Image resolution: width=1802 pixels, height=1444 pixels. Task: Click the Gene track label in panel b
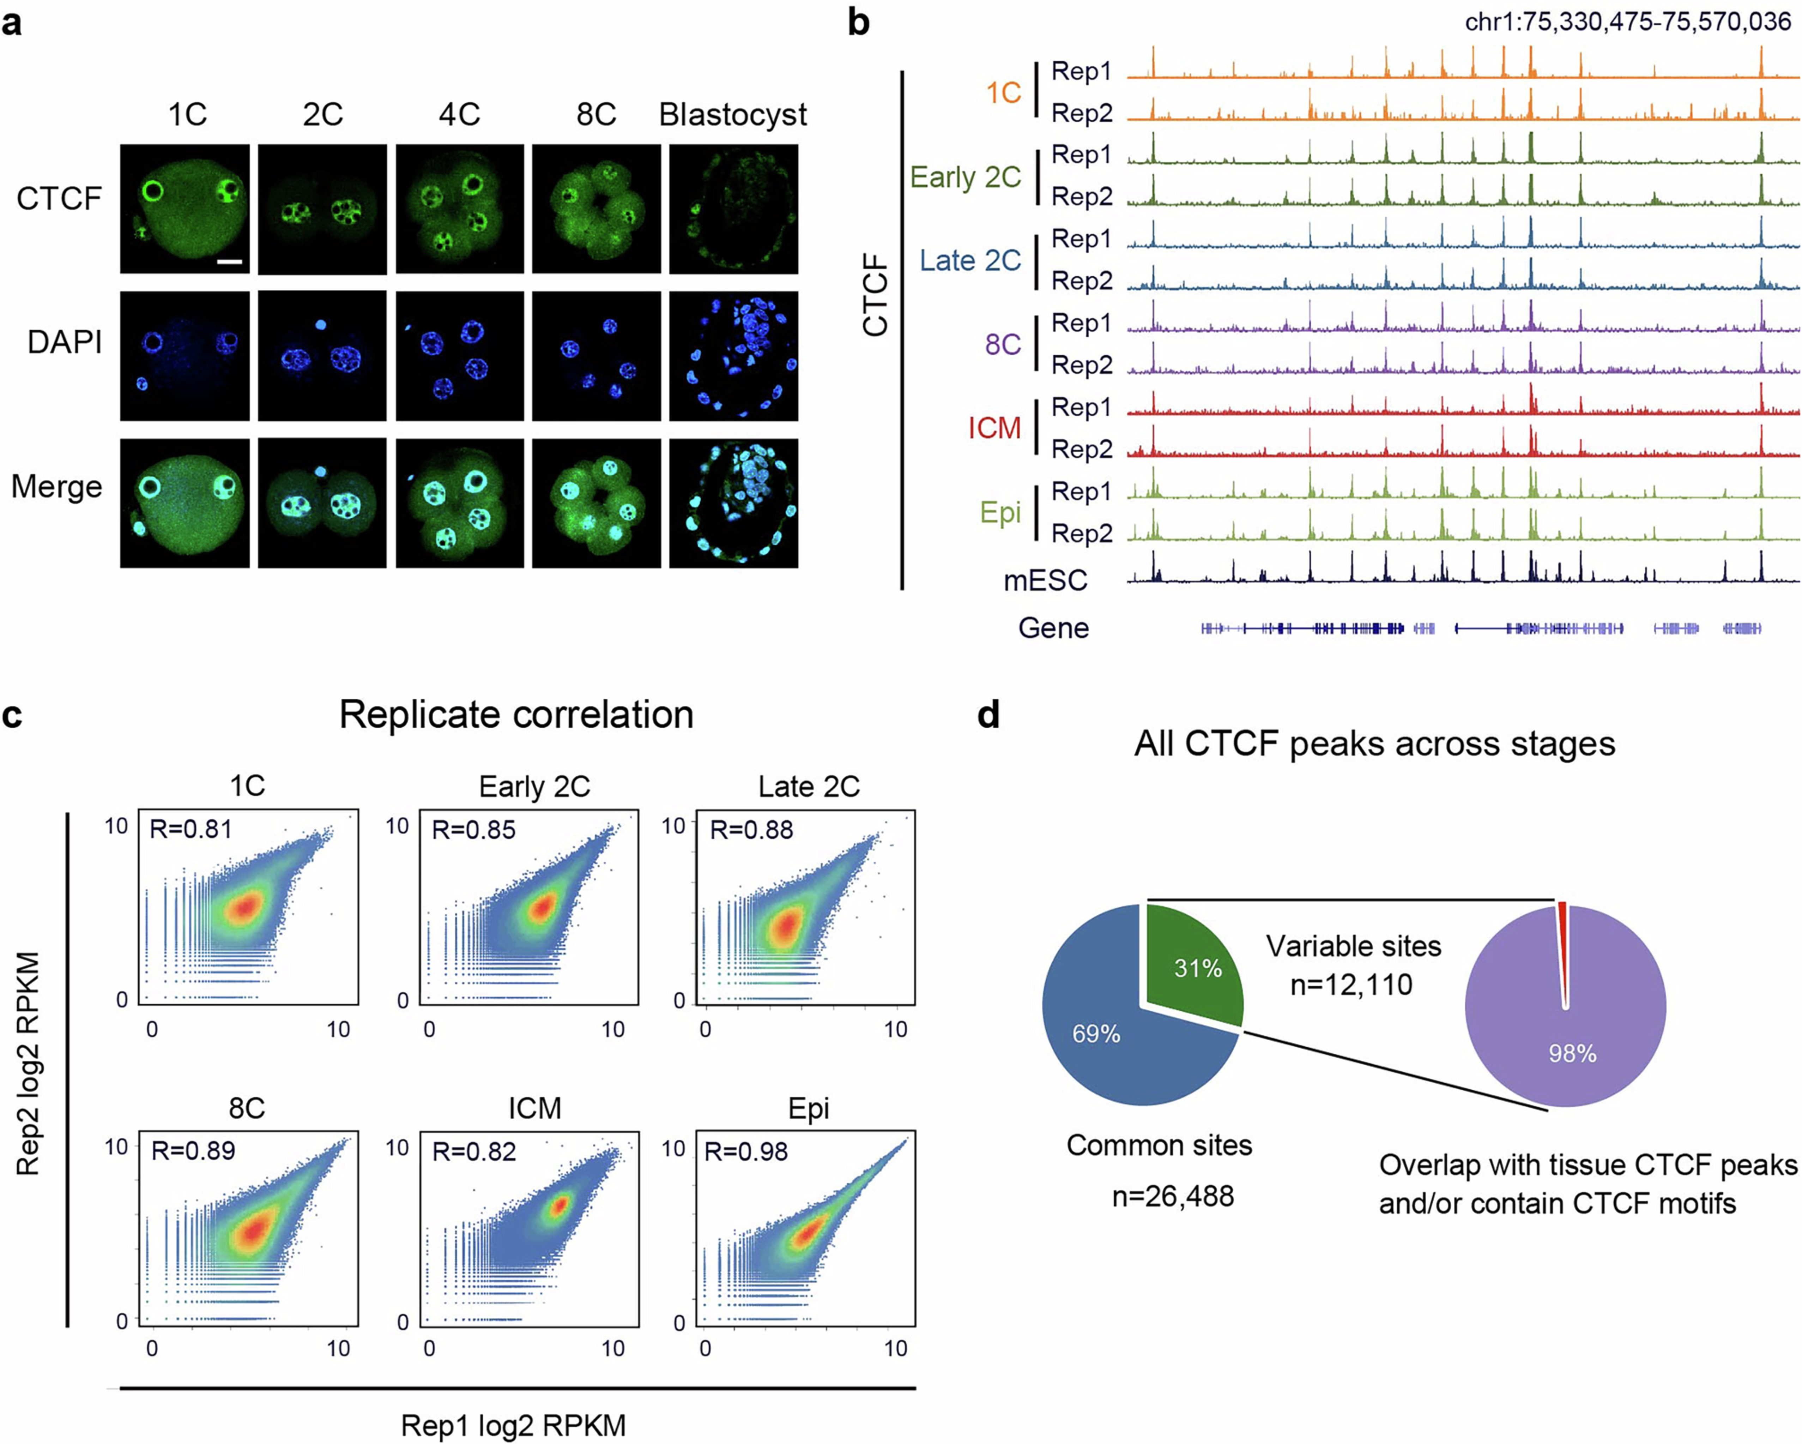(1053, 628)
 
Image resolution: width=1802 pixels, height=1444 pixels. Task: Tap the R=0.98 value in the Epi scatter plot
(745, 1151)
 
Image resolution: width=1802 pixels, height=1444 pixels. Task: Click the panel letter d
(989, 716)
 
